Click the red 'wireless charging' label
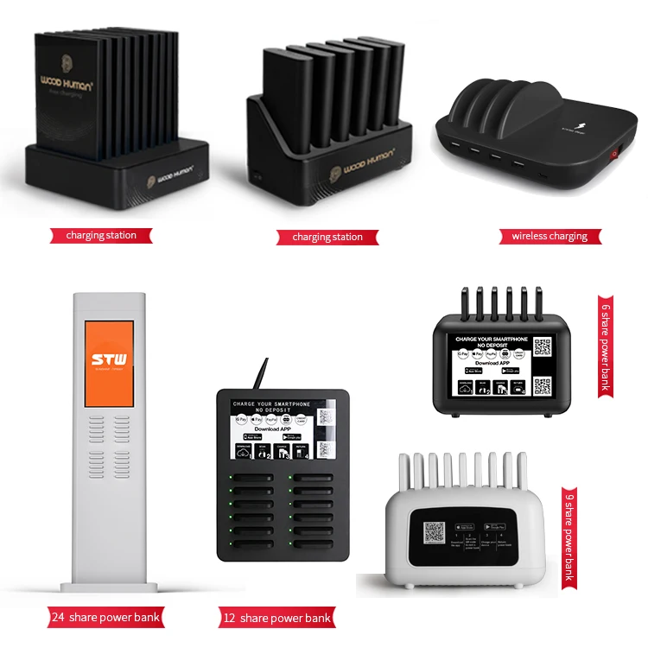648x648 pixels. click(550, 235)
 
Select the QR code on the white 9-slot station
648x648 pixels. click(435, 533)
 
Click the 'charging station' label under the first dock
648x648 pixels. click(102, 235)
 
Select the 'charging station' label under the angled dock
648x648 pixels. click(327, 236)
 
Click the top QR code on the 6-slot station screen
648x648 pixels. click(542, 347)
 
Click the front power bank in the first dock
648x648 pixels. click(67, 95)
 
